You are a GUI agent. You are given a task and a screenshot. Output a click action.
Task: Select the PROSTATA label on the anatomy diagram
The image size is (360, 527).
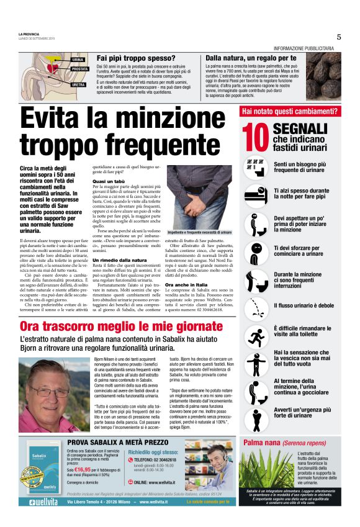[x=80, y=69]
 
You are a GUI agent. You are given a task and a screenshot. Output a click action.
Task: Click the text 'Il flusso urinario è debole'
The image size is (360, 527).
[x=299, y=306]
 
